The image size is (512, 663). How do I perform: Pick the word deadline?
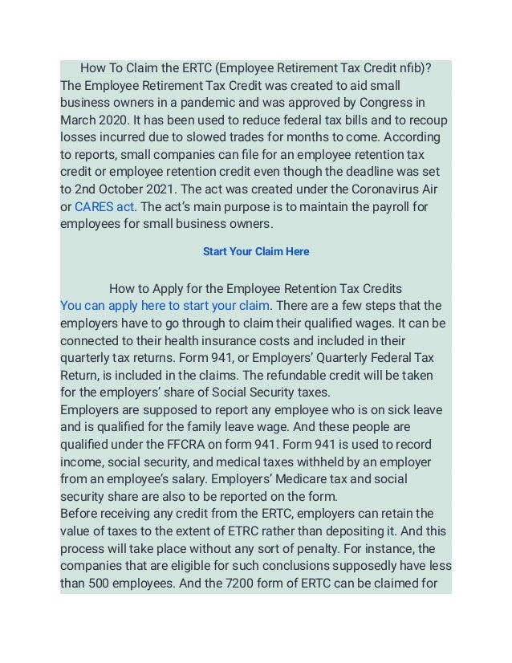(x=359, y=172)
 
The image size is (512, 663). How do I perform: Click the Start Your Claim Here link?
(x=256, y=251)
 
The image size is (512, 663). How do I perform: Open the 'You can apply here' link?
(x=165, y=306)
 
